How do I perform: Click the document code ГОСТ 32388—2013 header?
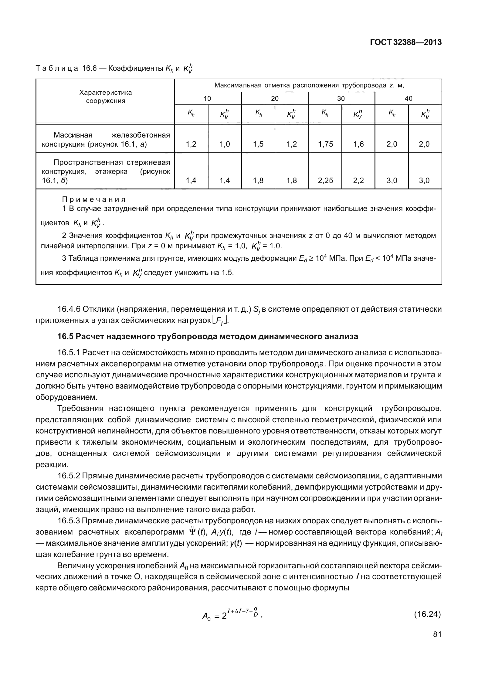point(405,42)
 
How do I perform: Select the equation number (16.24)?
point(427,614)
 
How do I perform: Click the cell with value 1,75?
point(325,144)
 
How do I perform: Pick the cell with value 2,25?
point(325,181)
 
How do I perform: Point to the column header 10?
point(207,98)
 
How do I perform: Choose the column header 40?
point(409,98)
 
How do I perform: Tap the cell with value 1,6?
point(358,144)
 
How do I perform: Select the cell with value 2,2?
point(358,181)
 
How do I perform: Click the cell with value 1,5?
point(258,144)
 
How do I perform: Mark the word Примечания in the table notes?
point(94,199)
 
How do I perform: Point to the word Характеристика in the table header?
point(105,92)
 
